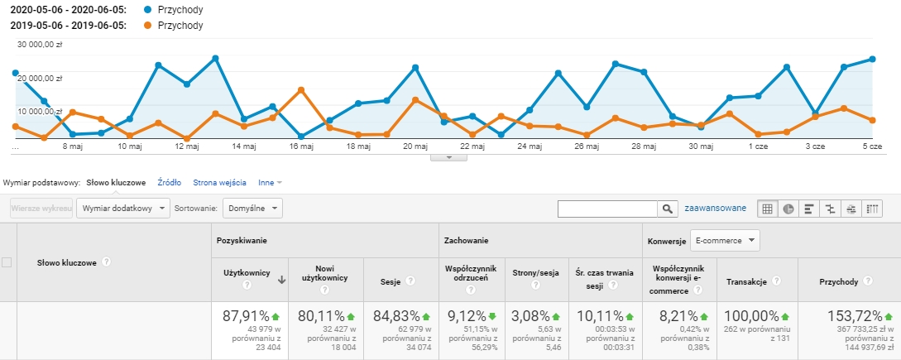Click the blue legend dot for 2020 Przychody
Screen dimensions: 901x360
pyautogui.click(x=148, y=11)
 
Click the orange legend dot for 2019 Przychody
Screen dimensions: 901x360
pyautogui.click(x=148, y=26)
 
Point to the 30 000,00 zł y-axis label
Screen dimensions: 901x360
pyautogui.click(x=39, y=45)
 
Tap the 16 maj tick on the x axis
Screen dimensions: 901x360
pyautogui.click(x=301, y=146)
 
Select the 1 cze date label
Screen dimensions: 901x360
pyautogui.click(x=758, y=146)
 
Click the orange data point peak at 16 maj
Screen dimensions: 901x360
pyautogui.click(x=301, y=89)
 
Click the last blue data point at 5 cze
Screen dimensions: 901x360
pyautogui.click(x=872, y=59)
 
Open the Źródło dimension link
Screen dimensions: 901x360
pyautogui.click(x=170, y=183)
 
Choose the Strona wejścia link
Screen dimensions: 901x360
pyautogui.click(x=219, y=183)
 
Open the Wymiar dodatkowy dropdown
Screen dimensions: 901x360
pyautogui.click(x=123, y=209)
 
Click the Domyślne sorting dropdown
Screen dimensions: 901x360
pyautogui.click(x=252, y=209)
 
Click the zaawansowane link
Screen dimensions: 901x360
pyautogui.click(x=716, y=209)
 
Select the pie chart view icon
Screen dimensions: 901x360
pyautogui.click(x=788, y=209)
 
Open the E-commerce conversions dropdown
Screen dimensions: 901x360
pyautogui.click(x=725, y=240)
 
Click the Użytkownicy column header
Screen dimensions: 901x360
pyautogui.click(x=247, y=273)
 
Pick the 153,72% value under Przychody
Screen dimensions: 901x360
pyautogui.click(x=855, y=316)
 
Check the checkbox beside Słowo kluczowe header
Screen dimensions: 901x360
pyautogui.click(x=7, y=262)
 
